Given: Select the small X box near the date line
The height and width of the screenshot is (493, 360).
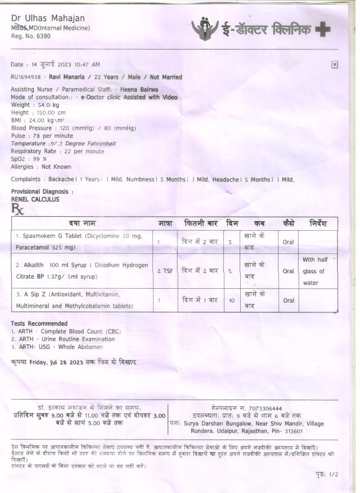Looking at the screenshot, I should [x=334, y=65].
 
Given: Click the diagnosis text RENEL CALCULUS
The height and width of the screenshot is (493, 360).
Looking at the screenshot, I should [x=35, y=199].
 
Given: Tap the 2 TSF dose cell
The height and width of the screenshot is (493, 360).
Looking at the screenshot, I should [x=165, y=271].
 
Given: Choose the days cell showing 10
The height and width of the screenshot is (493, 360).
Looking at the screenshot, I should [x=231, y=301].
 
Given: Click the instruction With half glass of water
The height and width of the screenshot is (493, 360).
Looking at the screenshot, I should [x=314, y=271].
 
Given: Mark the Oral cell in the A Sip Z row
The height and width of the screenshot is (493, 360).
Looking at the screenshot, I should [x=288, y=301].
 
